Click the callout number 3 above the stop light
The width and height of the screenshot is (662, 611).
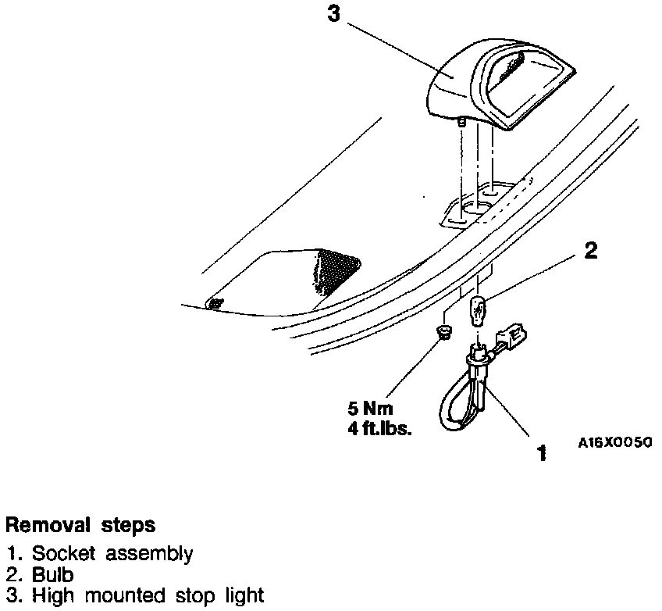click(x=334, y=14)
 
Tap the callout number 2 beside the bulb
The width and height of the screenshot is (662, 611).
click(x=591, y=251)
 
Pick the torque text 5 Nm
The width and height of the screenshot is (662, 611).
click(x=372, y=409)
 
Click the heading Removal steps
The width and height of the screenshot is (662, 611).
click(x=80, y=523)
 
